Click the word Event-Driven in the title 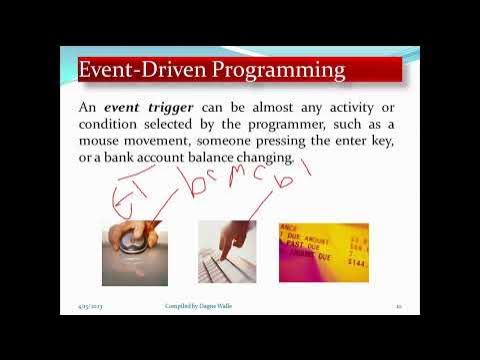134,70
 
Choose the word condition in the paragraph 113,124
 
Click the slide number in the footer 398,306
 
